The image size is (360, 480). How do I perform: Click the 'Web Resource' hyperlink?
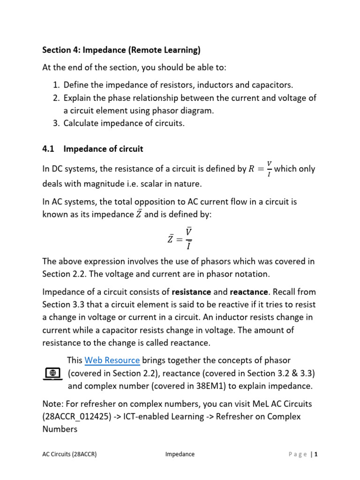pos(112,360)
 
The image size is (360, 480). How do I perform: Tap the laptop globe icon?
pos(52,374)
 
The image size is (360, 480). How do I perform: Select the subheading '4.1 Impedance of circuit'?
pos(93,149)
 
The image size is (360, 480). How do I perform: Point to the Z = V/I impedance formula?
pos(180,238)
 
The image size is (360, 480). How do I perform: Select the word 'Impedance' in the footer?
pos(180,454)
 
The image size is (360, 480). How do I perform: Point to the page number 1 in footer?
pos(316,454)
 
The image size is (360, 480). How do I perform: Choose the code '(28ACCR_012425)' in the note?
pos(75,416)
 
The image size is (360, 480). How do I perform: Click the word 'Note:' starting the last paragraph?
pos(53,404)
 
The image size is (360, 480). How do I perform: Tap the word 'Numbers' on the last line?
pos(60,429)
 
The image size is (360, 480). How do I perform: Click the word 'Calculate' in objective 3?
pos(82,124)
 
